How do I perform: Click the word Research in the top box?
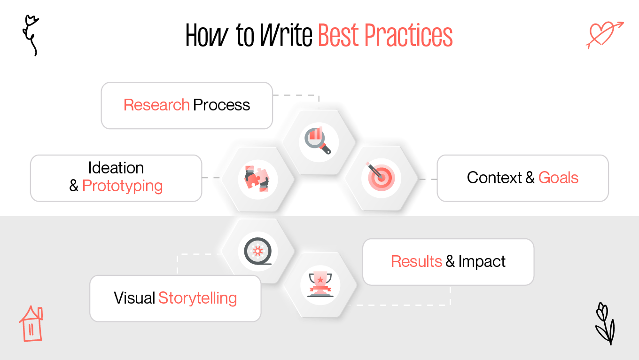156,105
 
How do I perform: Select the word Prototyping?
122,186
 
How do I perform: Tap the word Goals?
558,178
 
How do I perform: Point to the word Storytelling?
197,298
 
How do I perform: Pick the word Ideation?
116,168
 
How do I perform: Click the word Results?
416,261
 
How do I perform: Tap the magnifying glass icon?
319,141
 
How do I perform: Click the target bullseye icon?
381,178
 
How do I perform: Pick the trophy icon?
320,285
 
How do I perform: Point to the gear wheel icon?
257,251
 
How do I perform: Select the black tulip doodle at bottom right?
604,324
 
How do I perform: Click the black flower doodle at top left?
31,35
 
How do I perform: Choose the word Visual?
134,298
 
